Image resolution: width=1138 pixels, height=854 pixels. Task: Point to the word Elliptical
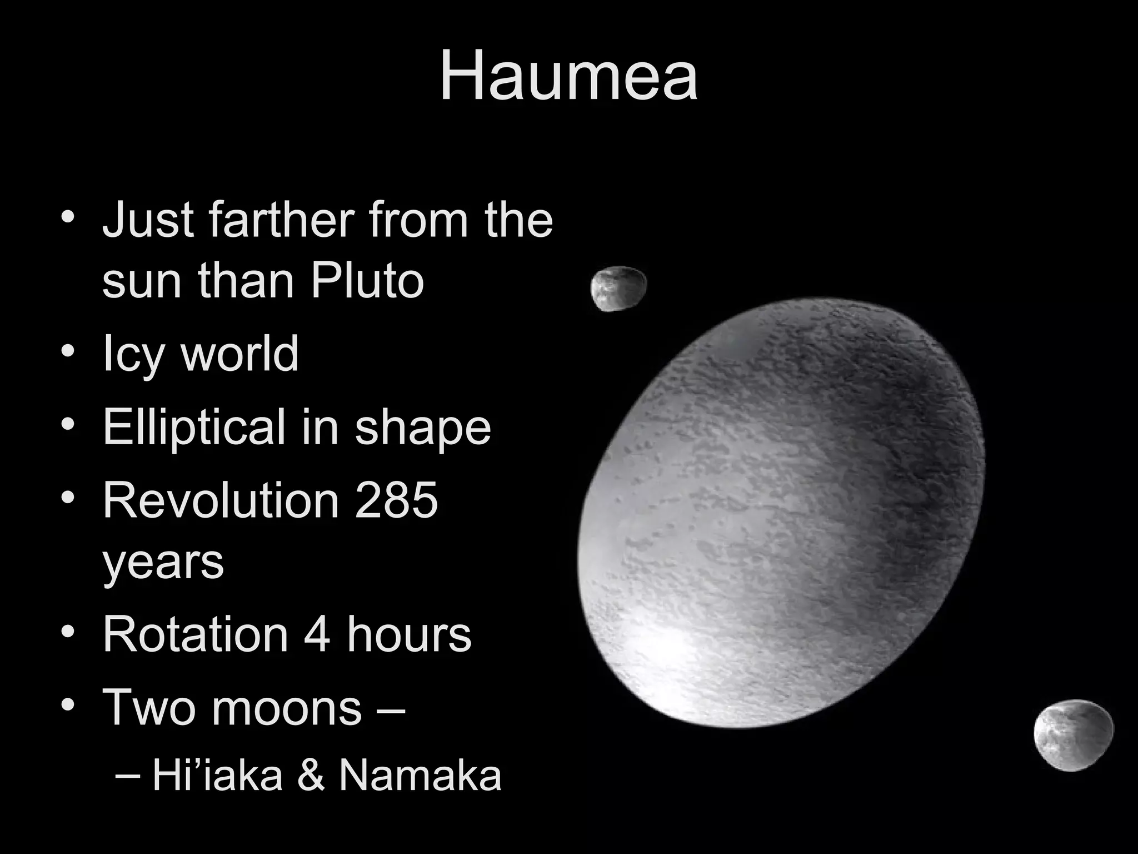point(194,427)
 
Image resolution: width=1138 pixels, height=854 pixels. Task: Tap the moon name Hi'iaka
point(217,776)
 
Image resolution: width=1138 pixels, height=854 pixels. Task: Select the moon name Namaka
point(420,776)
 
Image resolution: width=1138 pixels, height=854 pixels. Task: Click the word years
point(163,562)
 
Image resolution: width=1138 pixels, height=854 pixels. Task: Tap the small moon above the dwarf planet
point(618,288)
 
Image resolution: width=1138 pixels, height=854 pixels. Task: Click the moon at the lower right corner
point(1073,735)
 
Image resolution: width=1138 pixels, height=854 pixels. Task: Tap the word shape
point(423,428)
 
